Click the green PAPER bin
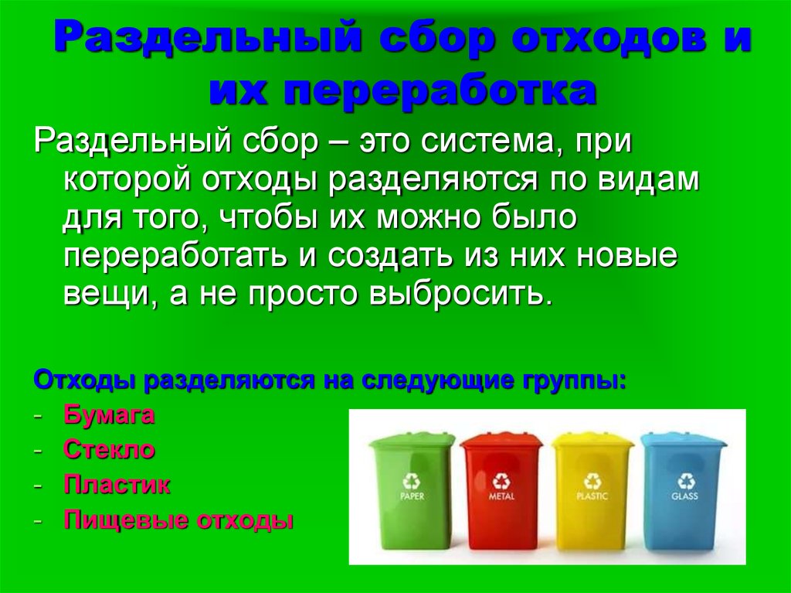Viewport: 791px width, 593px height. coord(412,490)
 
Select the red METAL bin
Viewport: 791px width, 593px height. coord(501,490)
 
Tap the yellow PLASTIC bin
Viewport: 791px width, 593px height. coord(592,490)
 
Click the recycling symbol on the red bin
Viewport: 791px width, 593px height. coord(501,482)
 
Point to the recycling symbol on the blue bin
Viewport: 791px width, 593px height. coord(686,482)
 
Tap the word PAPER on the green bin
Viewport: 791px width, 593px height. coord(412,496)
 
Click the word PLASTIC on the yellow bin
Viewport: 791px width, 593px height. coord(592,496)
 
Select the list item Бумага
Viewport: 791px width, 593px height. coord(109,415)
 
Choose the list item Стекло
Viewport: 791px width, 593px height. coord(109,449)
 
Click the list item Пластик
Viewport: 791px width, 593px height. coord(117,485)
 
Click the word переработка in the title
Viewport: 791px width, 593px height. coord(440,91)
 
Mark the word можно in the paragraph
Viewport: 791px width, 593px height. coord(431,217)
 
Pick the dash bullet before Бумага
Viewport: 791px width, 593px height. coord(37,416)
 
